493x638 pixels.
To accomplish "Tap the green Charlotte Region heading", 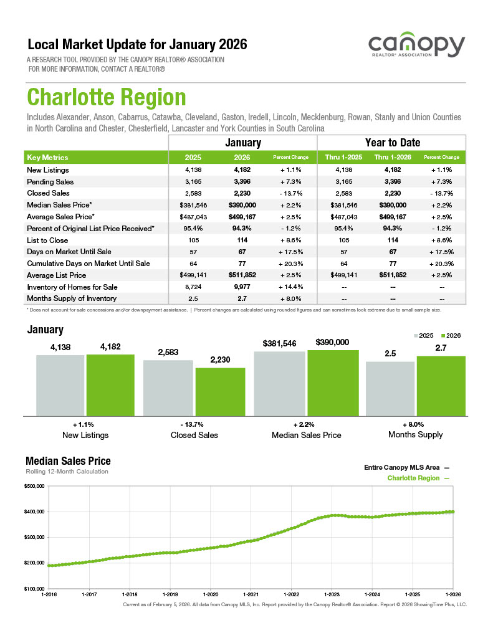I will point(107,98).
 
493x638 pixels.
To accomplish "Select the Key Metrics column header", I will point(47,158).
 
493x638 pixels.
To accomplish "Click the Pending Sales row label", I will point(50,182).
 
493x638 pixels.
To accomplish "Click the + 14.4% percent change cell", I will point(292,287).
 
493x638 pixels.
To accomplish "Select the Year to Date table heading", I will point(392,143).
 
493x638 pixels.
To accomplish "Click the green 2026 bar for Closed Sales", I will point(220,391).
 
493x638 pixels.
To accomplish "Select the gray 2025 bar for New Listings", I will point(60,384).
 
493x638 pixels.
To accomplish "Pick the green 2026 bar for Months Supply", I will point(441,385).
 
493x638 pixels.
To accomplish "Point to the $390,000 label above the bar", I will point(332,342).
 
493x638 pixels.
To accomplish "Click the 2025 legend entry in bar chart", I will point(424,335).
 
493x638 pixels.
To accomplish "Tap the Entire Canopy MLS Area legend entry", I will point(406,467).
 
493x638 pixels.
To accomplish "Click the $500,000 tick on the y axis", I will point(34,486).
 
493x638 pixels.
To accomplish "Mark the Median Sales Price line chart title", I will point(68,461).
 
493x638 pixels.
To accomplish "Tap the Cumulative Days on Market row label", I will point(88,264).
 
